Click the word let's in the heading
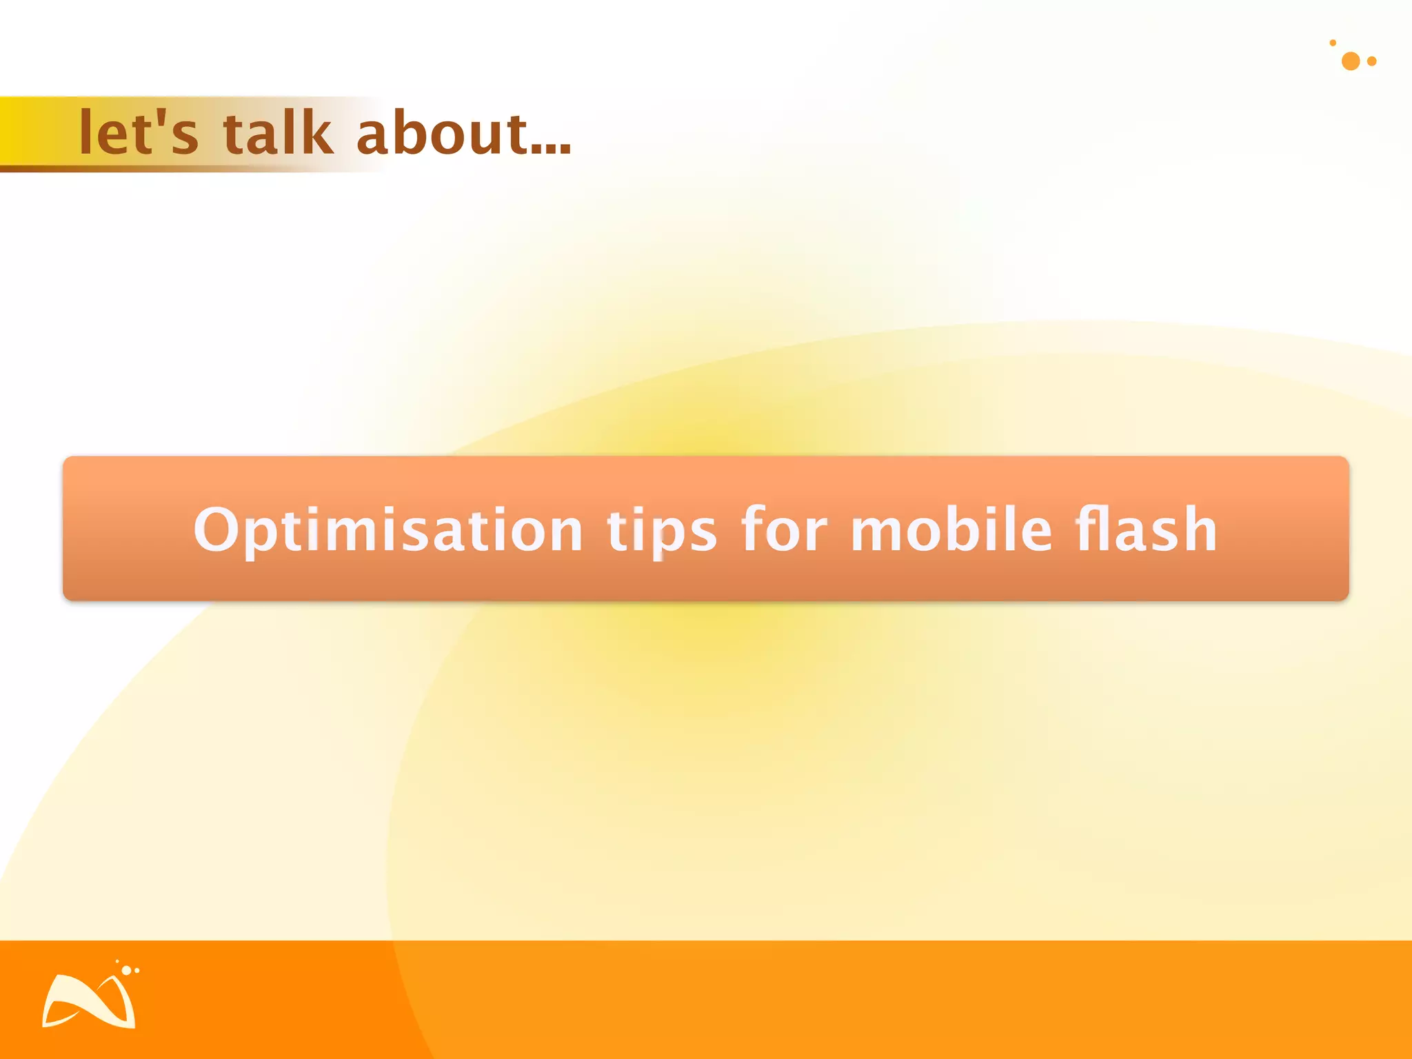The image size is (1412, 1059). pos(139,132)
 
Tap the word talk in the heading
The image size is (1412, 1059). pos(277,132)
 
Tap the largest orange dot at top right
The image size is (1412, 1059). pos(1351,61)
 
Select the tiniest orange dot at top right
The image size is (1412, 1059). pos(1333,43)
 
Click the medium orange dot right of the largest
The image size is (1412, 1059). pos(1372,61)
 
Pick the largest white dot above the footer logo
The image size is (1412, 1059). pos(126,970)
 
